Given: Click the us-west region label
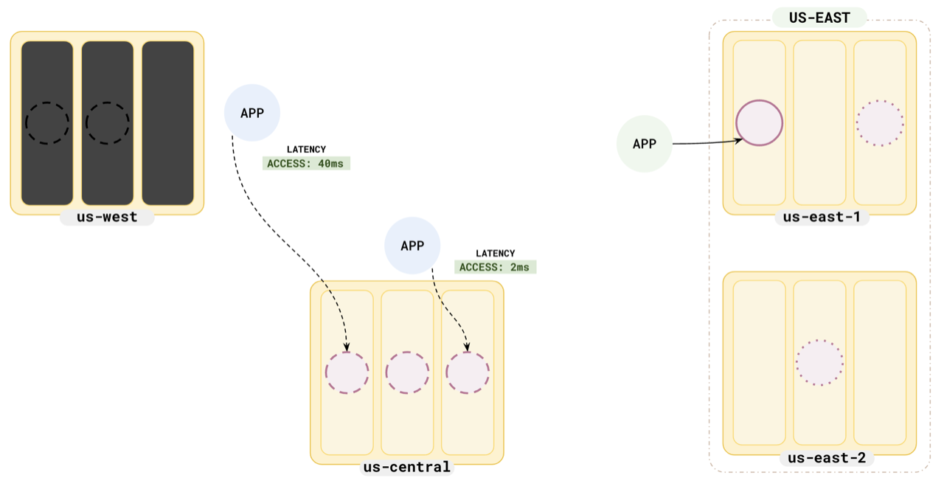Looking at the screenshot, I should [107, 218].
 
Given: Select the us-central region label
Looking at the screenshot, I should [406, 467].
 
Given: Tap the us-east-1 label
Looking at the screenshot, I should [822, 217].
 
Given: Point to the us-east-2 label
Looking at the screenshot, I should [826, 458].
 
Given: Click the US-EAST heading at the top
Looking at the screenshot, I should [819, 18].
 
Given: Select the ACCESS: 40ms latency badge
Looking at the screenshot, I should [306, 164].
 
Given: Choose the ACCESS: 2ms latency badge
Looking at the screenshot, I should [495, 267].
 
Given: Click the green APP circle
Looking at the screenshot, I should [645, 144].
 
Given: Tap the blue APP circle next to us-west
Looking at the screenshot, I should [252, 113].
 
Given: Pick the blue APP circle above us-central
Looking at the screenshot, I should [412, 245].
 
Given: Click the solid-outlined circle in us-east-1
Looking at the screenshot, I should [759, 122].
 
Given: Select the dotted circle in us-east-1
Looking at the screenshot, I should [880, 122].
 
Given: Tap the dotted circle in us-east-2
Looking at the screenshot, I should [819, 362].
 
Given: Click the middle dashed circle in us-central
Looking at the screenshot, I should [407, 372].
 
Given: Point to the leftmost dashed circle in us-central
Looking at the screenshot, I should [347, 372].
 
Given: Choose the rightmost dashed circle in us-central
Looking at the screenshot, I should [468, 372].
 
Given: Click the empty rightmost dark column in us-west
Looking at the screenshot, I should [167, 123].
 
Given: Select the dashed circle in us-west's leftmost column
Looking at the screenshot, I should [47, 122].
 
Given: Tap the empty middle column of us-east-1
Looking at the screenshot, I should [819, 122].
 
